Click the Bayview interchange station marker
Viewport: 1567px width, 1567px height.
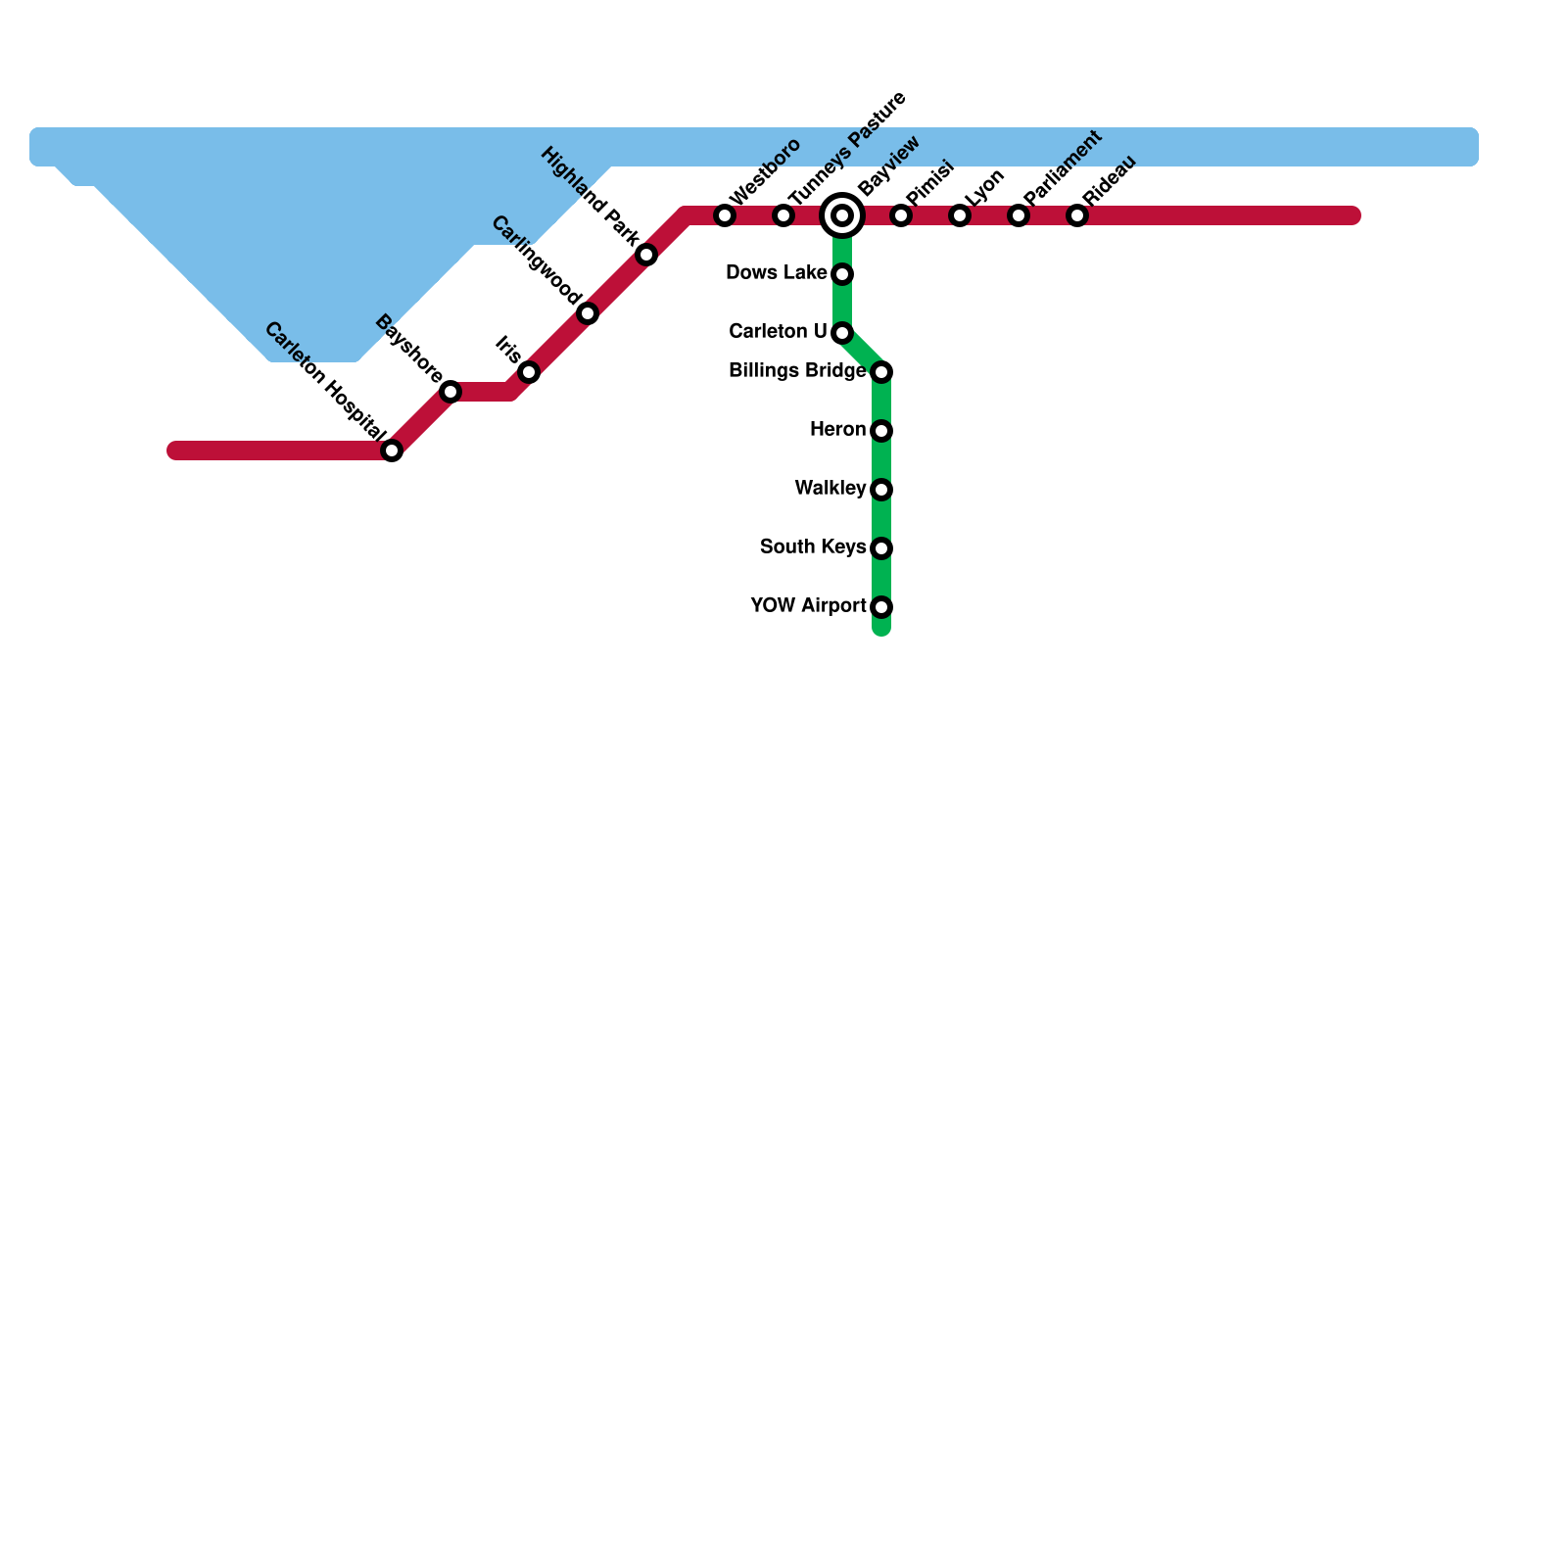(842, 215)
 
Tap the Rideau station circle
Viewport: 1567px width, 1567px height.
(1077, 215)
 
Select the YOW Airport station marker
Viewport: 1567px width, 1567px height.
(881, 607)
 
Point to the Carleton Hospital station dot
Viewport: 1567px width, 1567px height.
(392, 451)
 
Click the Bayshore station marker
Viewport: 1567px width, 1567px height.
(451, 392)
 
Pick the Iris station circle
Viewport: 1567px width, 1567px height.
(529, 372)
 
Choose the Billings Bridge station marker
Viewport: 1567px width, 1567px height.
(881, 372)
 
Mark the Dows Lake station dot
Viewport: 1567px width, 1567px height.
(842, 274)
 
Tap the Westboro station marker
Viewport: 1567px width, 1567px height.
(725, 215)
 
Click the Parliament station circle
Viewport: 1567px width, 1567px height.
(1019, 215)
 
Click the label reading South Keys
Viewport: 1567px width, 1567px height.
(812, 546)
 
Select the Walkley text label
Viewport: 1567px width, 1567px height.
(830, 488)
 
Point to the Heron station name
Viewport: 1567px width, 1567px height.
(837, 429)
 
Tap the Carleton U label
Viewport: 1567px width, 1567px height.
(778, 331)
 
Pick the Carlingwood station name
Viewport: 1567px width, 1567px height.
(536, 260)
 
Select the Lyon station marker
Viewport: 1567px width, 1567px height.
(960, 215)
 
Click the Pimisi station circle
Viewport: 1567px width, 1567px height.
(901, 215)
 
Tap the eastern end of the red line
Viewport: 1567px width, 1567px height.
(1353, 215)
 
